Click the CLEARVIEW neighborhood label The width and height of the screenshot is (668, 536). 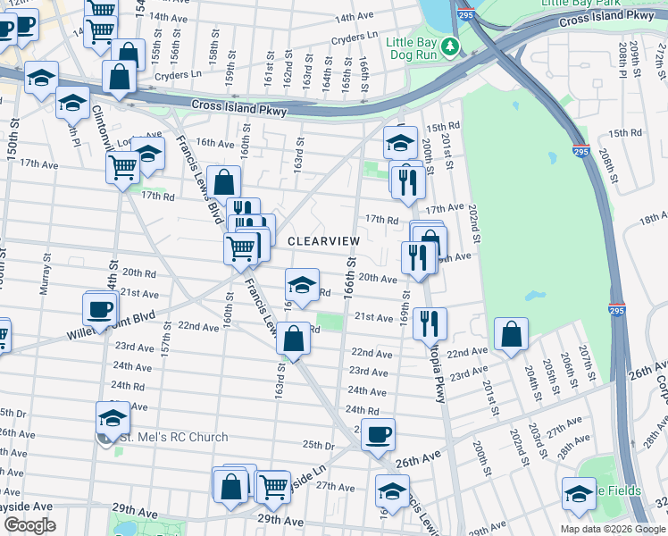coord(323,241)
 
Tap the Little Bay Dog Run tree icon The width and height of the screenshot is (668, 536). coord(454,46)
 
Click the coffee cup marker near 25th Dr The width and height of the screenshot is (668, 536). coord(379,434)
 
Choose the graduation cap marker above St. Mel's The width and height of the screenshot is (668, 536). coord(113,416)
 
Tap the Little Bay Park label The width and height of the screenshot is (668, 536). coord(578,4)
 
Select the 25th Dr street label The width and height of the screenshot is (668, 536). coord(317,444)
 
